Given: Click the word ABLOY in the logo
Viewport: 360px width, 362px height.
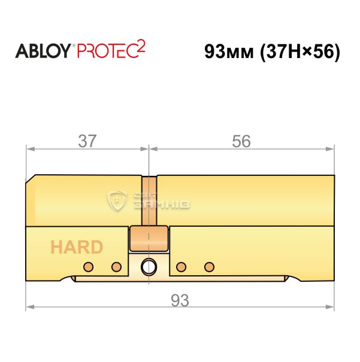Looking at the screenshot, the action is (43, 51).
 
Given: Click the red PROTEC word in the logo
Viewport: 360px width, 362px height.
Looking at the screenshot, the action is (108, 51).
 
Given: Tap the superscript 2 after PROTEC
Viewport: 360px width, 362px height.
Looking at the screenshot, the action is (141, 45).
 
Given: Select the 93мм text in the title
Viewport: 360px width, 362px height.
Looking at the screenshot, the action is (229, 51).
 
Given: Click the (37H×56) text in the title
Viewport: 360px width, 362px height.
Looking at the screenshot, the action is (300, 52).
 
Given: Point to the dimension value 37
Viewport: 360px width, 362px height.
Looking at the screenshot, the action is (87, 141).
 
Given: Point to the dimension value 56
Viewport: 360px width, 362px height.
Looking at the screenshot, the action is (241, 141).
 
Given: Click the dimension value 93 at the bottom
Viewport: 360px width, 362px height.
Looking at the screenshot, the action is (180, 300).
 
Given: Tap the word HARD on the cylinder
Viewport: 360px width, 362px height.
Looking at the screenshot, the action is (77, 247).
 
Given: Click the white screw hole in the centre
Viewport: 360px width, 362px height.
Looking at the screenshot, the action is (149, 267).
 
